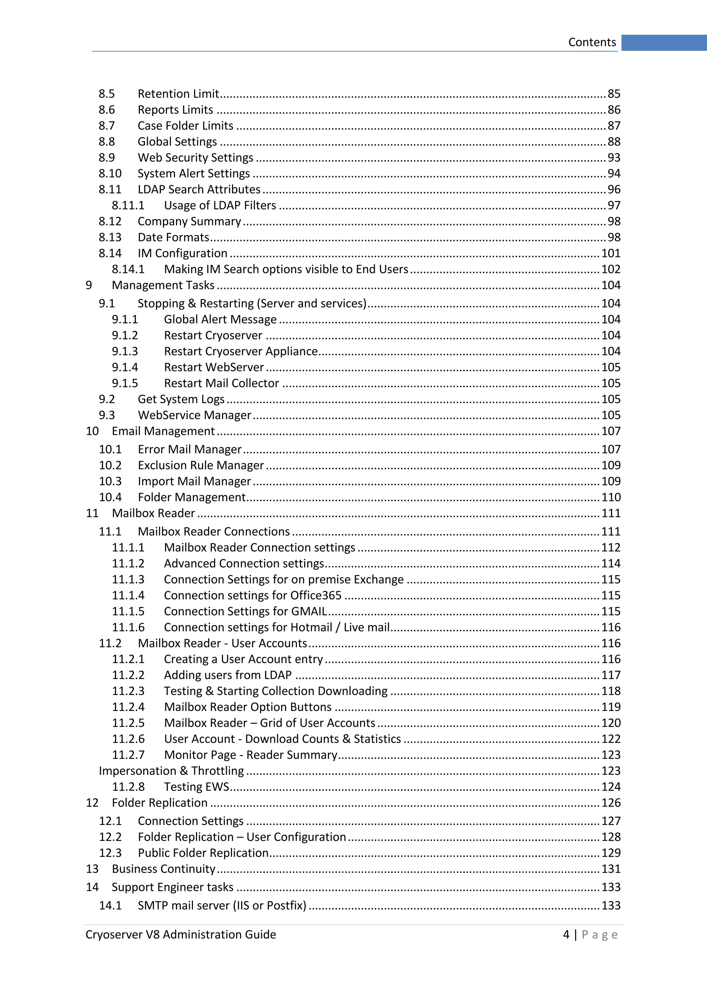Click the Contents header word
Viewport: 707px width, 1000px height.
pyautogui.click(x=592, y=42)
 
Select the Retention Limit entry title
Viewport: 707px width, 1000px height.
pyautogui.click(x=178, y=94)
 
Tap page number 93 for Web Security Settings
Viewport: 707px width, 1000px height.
pyautogui.click(x=614, y=158)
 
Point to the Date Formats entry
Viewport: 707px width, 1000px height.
pyautogui.click(x=173, y=237)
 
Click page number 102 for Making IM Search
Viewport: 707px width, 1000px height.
pyautogui.click(x=610, y=269)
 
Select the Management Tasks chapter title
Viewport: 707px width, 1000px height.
pyautogui.click(x=163, y=285)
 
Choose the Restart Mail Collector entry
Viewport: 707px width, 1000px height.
pyautogui.click(x=221, y=383)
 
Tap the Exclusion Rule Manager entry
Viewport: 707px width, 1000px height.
pyautogui.click(x=201, y=465)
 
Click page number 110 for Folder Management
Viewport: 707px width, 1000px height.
pyautogui.click(x=611, y=497)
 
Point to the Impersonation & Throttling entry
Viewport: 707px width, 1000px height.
pyautogui.click(x=171, y=771)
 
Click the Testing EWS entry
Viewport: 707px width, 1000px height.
pyautogui.click(x=196, y=787)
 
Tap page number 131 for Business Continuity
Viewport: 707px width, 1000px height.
pyautogui.click(x=611, y=869)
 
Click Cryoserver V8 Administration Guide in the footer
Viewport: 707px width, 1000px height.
pyautogui.click(x=181, y=935)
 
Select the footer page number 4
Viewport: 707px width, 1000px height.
pyautogui.click(x=566, y=935)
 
